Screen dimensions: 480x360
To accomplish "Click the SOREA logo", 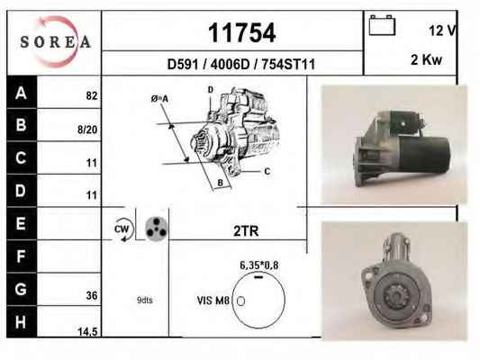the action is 56,41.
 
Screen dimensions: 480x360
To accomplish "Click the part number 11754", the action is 242,32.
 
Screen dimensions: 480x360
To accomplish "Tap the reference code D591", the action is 183,65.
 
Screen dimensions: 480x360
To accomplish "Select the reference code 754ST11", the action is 288,65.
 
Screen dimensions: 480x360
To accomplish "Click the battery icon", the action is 382,25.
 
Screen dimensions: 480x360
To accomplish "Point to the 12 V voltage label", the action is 442,31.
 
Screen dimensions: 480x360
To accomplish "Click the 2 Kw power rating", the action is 426,59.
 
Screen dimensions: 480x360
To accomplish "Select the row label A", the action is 21,93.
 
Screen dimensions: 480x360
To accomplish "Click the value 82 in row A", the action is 92,96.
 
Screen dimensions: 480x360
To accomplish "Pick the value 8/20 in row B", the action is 87,130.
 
